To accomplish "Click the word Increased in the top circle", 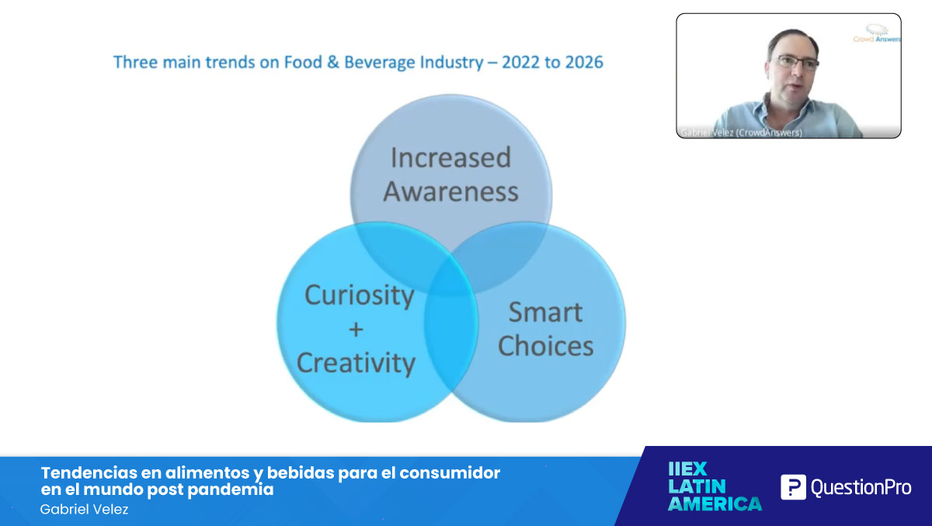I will [x=450, y=158].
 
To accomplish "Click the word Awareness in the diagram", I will [x=450, y=191].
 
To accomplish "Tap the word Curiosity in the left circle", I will [x=359, y=295].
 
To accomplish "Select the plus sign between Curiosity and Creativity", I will [x=356, y=329].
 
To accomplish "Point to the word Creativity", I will [x=356, y=363].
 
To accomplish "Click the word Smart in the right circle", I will [x=545, y=312].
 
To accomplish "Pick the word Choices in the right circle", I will [x=545, y=347].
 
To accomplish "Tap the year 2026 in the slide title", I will [x=583, y=62].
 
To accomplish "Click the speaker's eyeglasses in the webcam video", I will [x=794, y=63].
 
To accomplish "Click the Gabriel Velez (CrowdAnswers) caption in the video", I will [x=740, y=133].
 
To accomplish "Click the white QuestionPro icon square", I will [x=793, y=487].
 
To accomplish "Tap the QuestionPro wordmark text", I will [x=861, y=488].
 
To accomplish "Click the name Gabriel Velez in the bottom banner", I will [x=84, y=510].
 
